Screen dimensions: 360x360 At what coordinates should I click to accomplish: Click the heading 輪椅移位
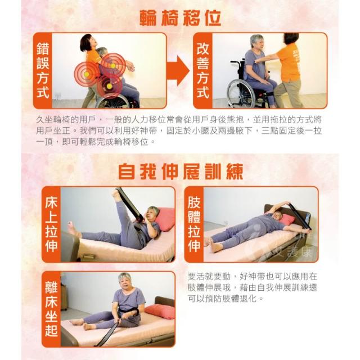coord(181,18)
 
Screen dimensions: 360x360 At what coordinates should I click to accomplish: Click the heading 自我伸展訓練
coord(181,171)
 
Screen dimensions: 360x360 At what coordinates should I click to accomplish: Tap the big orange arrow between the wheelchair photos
coord(178,70)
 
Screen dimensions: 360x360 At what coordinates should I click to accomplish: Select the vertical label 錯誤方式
coord(43,70)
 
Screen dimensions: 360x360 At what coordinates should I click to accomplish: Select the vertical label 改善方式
coord(202,70)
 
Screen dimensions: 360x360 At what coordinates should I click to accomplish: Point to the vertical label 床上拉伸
coord(51,224)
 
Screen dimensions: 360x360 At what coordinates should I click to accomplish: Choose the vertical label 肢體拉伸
coord(194,224)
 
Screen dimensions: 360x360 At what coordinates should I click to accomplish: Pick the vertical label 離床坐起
coord(51,309)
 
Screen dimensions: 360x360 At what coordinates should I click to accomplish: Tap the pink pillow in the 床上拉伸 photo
coord(165,219)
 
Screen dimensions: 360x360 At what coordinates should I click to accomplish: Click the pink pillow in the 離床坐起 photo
coord(160,311)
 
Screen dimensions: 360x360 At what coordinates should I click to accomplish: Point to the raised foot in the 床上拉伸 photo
coord(116,194)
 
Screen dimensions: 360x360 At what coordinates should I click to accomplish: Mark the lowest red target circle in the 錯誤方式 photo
coord(110,86)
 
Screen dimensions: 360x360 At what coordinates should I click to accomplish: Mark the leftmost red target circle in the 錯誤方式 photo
coord(87,74)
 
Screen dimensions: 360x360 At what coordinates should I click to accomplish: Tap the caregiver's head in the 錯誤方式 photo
coord(87,43)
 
